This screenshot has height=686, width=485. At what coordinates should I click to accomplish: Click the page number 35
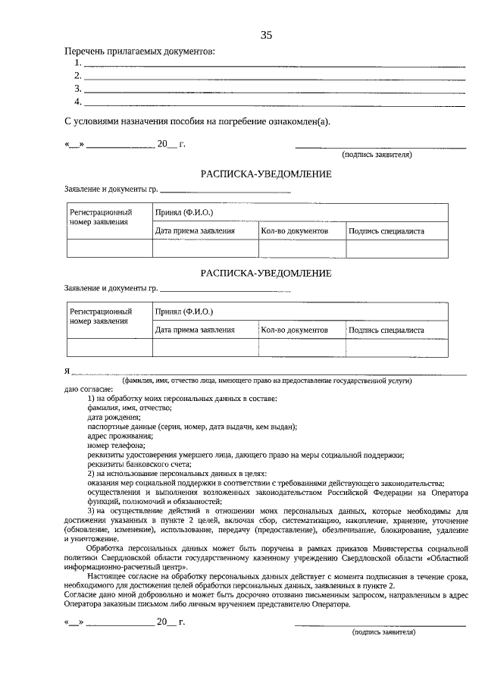tap(266, 35)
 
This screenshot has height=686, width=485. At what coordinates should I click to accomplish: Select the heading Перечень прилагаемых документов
tap(139, 52)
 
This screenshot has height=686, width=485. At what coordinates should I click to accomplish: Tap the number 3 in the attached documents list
tap(77, 89)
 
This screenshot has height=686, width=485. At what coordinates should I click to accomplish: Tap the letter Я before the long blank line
tap(67, 371)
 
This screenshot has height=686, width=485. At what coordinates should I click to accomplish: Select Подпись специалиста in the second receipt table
tap(386, 330)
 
